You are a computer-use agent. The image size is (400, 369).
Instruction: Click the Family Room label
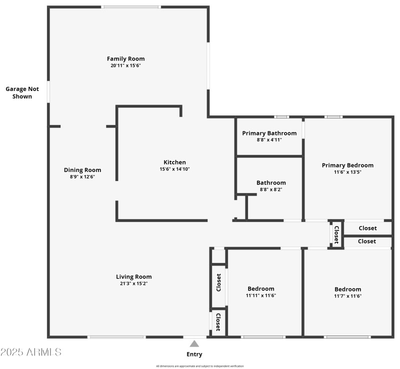pyautogui.click(x=125, y=58)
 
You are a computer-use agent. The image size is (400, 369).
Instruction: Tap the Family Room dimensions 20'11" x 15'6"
pyautogui.click(x=125, y=65)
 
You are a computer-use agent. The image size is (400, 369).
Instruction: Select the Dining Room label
pyautogui.click(x=82, y=170)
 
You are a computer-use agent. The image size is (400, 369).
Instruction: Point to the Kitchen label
pyautogui.click(x=174, y=162)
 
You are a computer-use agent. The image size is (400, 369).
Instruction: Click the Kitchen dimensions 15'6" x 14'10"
pyautogui.click(x=174, y=169)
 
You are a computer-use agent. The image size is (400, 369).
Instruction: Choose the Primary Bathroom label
pyautogui.click(x=269, y=133)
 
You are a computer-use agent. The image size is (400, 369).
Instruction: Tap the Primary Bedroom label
pyautogui.click(x=347, y=165)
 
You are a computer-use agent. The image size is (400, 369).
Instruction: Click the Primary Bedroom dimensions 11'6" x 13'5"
pyautogui.click(x=347, y=172)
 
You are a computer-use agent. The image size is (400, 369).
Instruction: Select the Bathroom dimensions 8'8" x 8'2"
pyautogui.click(x=271, y=189)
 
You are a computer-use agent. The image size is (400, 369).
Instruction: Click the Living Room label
pyautogui.click(x=133, y=276)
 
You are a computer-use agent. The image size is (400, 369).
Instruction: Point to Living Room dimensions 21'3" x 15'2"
pyautogui.click(x=133, y=283)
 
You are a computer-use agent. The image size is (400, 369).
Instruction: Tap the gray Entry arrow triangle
pyautogui.click(x=194, y=343)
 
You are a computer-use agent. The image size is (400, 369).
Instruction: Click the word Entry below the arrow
pyautogui.click(x=194, y=354)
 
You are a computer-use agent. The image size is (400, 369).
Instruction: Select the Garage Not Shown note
pyautogui.click(x=22, y=92)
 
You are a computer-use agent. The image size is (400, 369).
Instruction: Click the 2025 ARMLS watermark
pyautogui.click(x=31, y=352)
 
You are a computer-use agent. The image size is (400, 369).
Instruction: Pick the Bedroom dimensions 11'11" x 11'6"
pyautogui.click(x=260, y=295)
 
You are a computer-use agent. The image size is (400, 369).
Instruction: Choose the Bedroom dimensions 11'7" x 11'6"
pyautogui.click(x=347, y=296)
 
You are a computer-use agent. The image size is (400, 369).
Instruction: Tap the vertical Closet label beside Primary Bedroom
pyautogui.click(x=336, y=234)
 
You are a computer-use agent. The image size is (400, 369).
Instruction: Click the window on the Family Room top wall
pyautogui.click(x=131, y=7)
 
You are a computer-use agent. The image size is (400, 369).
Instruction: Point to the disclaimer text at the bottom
pyautogui.click(x=199, y=366)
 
